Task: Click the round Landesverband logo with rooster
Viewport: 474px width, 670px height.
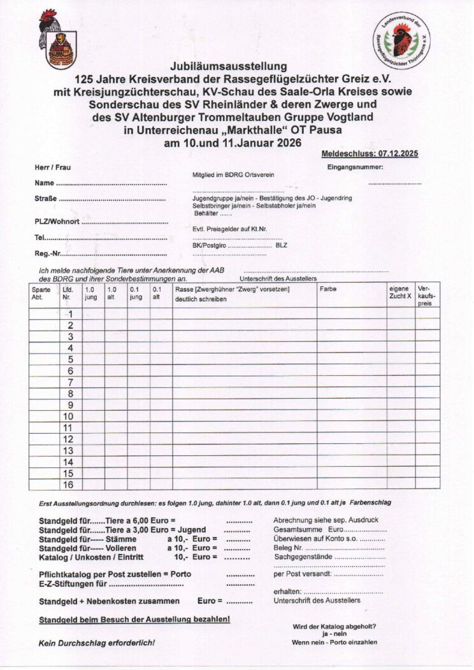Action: [401, 40]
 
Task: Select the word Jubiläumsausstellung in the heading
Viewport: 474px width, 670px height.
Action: [229, 66]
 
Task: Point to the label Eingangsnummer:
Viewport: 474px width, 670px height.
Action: [355, 167]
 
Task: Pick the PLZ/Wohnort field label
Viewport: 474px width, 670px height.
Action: [57, 222]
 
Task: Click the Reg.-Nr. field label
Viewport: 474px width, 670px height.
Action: [48, 254]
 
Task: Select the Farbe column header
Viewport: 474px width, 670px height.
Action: [329, 289]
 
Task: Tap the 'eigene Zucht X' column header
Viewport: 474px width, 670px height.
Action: [400, 293]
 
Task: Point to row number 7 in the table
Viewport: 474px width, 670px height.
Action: [70, 382]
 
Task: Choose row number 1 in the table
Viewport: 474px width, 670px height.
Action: [71, 314]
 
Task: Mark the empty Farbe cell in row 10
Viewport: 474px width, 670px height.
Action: [351, 417]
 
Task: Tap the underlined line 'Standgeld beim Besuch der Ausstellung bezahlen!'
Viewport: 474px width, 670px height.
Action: [134, 620]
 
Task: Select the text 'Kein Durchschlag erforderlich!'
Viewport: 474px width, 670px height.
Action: [97, 643]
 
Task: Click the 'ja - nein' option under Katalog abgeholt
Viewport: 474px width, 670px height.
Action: [334, 634]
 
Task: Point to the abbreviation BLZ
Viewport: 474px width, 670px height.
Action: [282, 245]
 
